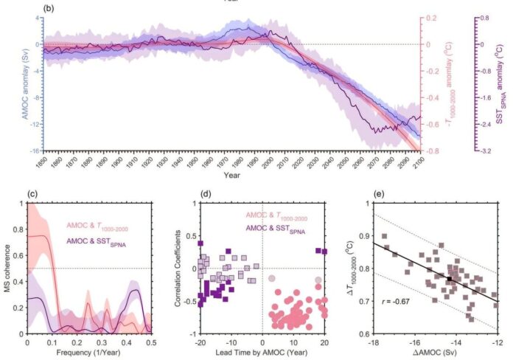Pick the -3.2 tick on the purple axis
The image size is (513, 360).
click(483, 150)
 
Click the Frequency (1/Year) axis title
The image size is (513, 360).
click(88, 353)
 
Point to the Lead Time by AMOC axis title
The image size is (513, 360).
click(262, 353)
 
